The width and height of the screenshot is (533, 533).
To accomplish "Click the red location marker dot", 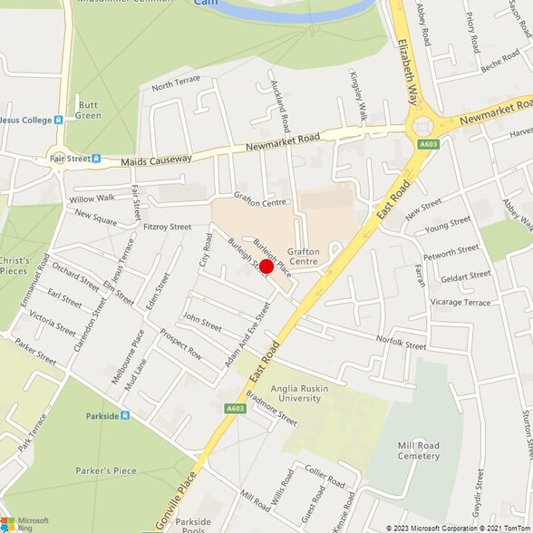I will click(266, 266).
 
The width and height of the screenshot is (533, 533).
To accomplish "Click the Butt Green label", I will click(88, 109).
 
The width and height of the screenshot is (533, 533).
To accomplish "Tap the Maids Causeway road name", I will click(157, 160).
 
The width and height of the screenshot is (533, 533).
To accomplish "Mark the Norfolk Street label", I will click(402, 344).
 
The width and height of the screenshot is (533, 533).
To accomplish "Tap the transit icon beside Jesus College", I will click(58, 119).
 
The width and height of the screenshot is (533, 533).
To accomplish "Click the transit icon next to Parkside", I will click(125, 416).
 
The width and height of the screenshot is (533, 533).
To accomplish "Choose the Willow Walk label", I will click(92, 198).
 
